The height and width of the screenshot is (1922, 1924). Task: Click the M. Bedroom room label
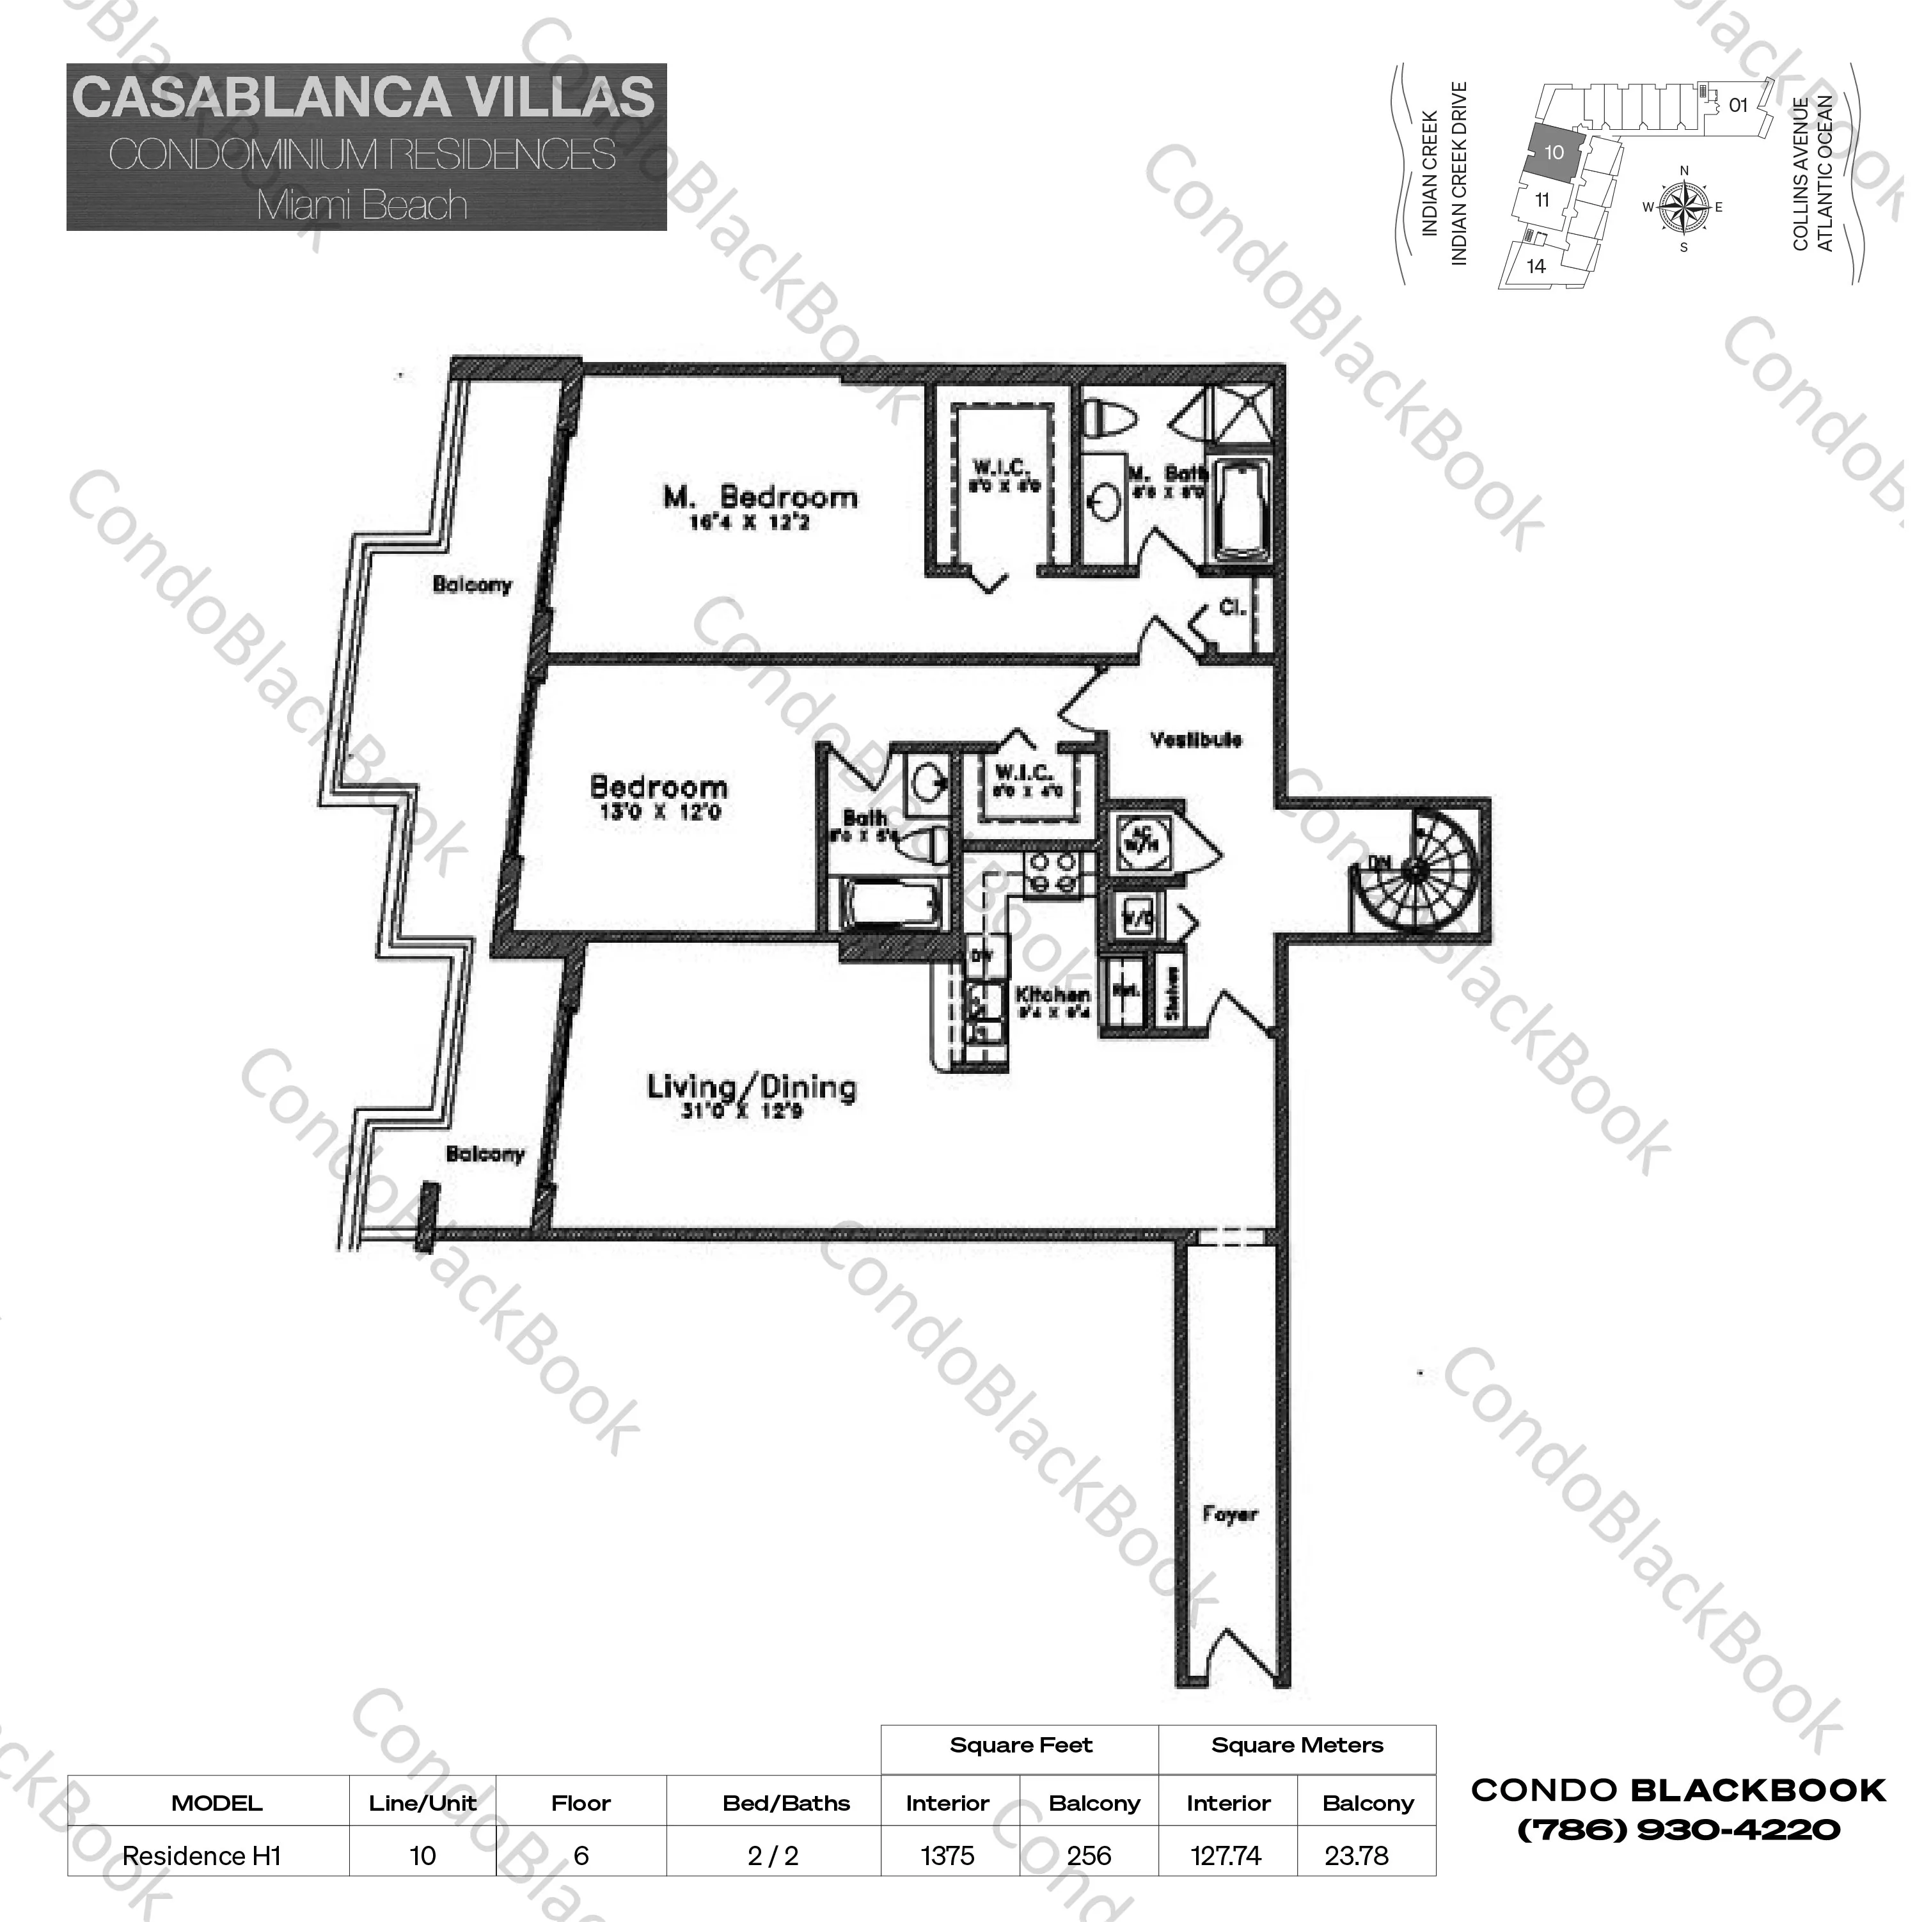tap(760, 496)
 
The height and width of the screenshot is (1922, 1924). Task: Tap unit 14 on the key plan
tap(1536, 266)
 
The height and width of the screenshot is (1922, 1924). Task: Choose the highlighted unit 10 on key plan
tap(1554, 154)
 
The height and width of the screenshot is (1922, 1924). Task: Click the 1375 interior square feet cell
tap(947, 1856)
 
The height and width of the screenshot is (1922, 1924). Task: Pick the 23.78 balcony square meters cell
tap(1357, 1856)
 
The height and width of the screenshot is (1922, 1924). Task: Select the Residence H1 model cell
tap(201, 1856)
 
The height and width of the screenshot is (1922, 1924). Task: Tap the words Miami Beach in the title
tap(363, 205)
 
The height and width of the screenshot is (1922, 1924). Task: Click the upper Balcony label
tap(472, 585)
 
